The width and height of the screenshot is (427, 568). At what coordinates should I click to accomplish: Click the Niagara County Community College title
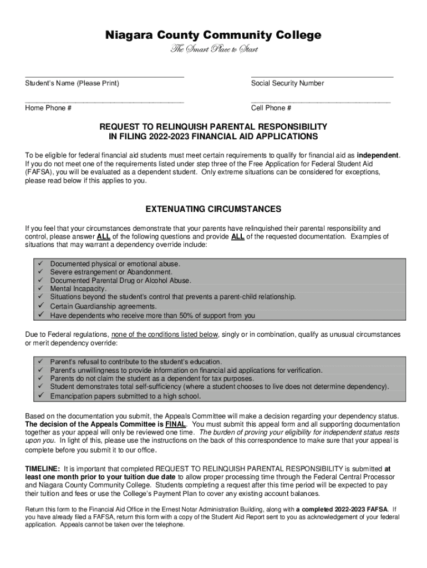coord(213,35)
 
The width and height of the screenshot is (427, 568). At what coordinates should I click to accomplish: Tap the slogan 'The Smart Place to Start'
coord(213,50)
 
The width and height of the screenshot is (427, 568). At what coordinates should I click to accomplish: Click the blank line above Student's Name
coord(104,75)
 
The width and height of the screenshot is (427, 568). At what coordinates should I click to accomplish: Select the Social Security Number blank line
coord(322,75)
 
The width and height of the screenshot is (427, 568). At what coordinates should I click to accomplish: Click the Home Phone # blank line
coord(104,101)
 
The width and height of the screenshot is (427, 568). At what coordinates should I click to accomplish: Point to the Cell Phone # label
coord(271,108)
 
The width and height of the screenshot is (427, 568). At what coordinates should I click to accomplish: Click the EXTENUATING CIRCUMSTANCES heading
coord(213,209)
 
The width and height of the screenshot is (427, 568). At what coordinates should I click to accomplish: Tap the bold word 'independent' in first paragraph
coord(377,155)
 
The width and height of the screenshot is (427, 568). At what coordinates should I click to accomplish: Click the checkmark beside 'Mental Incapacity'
coord(40,289)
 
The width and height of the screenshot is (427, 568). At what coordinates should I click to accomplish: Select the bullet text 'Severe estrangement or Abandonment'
coord(111,272)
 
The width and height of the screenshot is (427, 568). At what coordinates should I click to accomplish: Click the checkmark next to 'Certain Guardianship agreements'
coord(40,306)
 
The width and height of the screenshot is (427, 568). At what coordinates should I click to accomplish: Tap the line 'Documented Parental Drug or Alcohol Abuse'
coord(120,281)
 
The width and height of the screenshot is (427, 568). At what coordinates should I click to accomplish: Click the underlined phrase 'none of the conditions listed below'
coord(165,334)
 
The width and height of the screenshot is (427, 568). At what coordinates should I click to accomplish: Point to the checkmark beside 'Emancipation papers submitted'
coord(40,396)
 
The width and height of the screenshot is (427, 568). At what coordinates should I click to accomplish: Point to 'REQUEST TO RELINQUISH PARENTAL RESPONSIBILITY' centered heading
coord(213,126)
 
